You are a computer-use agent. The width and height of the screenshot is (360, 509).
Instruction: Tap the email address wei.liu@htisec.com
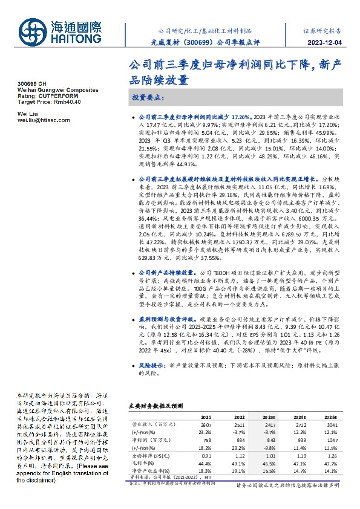click(x=44, y=120)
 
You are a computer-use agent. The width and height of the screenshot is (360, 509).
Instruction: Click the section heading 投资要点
click(x=148, y=97)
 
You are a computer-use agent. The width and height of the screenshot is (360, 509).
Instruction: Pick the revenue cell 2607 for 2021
click(x=207, y=426)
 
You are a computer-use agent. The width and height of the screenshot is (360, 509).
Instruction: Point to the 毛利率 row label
click(x=140, y=464)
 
